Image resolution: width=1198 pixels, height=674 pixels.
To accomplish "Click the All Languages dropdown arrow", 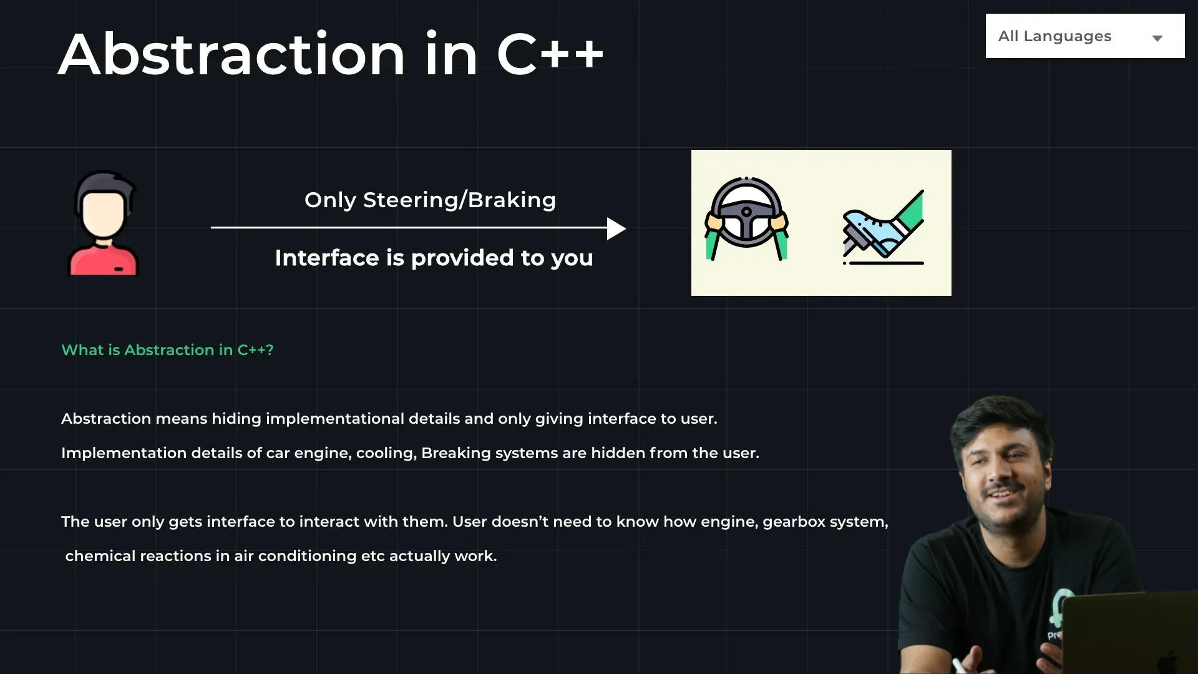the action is click(1157, 38).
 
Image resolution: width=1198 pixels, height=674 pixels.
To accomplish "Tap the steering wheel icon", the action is click(746, 218).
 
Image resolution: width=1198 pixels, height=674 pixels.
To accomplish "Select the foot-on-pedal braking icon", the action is click(884, 228).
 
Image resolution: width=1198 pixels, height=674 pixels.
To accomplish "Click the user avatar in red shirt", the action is click(103, 223).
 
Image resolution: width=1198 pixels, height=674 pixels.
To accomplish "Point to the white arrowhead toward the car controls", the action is click(616, 228).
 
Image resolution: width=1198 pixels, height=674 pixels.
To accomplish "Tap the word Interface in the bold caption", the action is click(327, 258).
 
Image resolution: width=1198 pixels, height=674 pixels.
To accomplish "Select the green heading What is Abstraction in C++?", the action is click(167, 350).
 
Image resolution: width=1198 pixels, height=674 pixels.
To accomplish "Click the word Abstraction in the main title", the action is click(232, 55).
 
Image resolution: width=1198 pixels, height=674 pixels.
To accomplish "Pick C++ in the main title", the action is click(550, 55).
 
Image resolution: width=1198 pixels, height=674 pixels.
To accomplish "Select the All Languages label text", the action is click(1054, 36).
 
